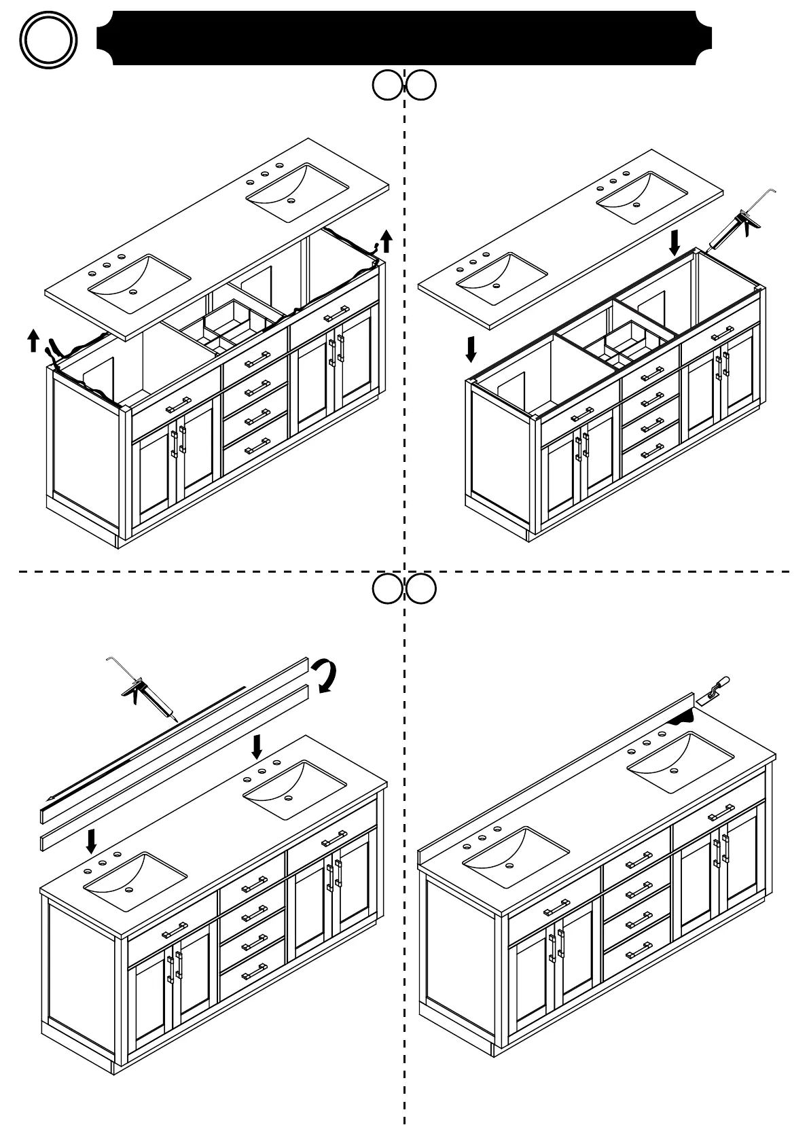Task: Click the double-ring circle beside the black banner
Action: pos(48,39)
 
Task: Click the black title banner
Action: pos(404,38)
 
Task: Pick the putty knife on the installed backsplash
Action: pos(715,688)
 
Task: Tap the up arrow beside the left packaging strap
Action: pos(33,340)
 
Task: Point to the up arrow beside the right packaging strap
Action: pos(386,240)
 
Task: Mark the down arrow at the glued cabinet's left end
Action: pos(471,348)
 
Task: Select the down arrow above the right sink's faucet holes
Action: pos(257,746)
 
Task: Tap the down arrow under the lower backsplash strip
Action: pos(91,840)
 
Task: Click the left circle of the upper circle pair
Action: pos(387,86)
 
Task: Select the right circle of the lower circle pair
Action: pos(421,590)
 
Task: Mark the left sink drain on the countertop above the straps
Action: pos(132,291)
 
